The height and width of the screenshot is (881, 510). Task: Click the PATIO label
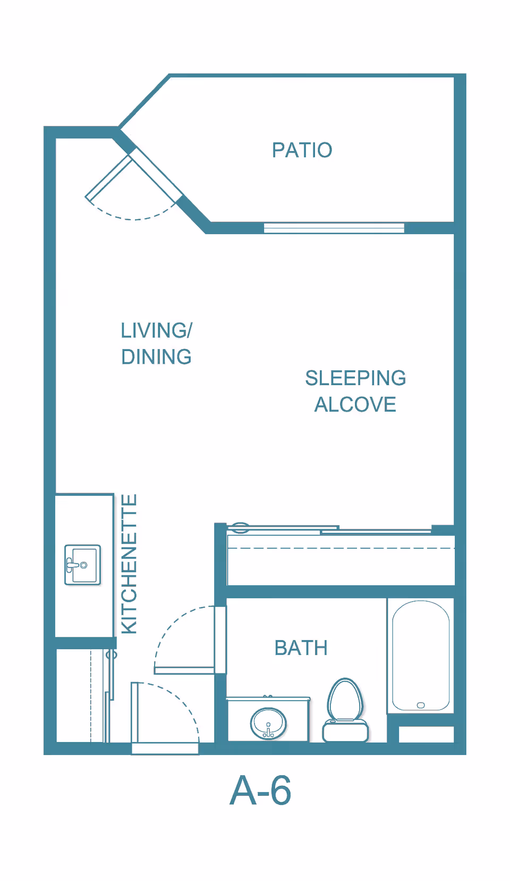tap(302, 150)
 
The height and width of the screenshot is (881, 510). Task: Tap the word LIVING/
tap(156, 330)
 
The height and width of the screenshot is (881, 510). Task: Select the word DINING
tap(156, 357)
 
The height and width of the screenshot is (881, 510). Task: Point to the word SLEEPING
tap(355, 378)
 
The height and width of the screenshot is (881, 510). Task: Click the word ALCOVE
tap(355, 405)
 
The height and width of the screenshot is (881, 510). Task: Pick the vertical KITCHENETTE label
tap(129, 563)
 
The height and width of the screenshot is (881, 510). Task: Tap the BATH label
tap(301, 648)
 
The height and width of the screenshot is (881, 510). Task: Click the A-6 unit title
tap(260, 791)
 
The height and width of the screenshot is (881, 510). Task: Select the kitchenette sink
tap(82, 565)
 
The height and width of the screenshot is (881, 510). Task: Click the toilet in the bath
tap(345, 710)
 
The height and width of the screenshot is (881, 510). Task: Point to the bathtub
tap(421, 655)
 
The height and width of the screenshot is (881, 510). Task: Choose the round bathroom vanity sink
tap(268, 723)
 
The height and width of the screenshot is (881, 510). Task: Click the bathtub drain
tap(421, 705)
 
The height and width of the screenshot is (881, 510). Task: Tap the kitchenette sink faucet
tap(74, 565)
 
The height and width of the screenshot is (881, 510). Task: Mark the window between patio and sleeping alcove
tap(334, 228)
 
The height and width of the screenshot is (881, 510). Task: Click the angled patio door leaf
tap(108, 178)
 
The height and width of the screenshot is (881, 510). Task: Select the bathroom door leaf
tap(184, 670)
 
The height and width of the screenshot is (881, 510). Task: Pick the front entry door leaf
tap(134, 713)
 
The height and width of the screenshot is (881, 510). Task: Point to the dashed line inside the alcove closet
tap(341, 548)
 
